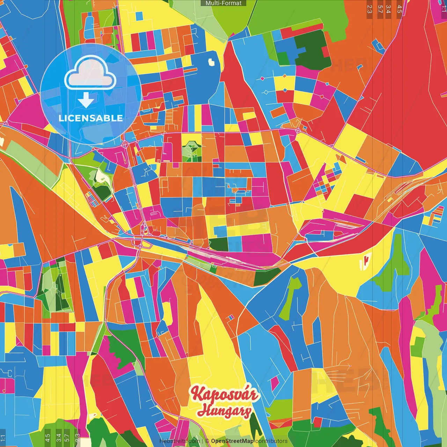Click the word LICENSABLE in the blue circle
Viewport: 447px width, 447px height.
[x=91, y=118]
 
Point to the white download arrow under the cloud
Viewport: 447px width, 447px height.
[x=86, y=100]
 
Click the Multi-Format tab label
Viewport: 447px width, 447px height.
[x=223, y=3]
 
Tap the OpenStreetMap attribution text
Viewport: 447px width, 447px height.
[x=232, y=441]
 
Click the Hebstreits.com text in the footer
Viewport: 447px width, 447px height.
[x=179, y=441]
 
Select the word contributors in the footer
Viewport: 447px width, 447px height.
[x=271, y=441]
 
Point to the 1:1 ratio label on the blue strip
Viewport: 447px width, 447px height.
[x=3, y=438]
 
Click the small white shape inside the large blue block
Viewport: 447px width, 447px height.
[x=212, y=63]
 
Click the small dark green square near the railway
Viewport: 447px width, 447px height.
[x=219, y=244]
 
